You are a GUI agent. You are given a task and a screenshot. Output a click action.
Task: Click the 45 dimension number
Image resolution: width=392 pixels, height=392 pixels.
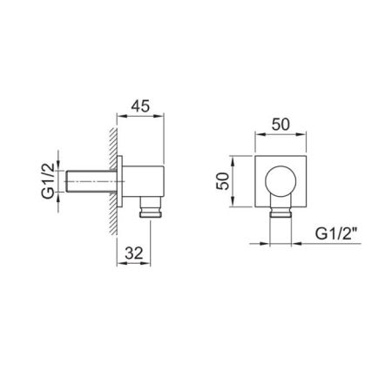140,106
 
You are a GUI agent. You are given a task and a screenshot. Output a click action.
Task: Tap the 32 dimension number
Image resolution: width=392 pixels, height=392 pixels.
134,253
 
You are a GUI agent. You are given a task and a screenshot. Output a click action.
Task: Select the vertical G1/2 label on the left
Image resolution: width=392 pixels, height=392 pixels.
48,180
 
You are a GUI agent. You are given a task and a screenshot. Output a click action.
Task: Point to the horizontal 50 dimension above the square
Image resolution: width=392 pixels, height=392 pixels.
280,125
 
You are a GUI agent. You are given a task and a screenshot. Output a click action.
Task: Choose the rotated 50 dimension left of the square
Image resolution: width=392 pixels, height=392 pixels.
223,181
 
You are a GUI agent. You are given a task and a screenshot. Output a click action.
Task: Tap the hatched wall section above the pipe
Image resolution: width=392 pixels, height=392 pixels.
113,148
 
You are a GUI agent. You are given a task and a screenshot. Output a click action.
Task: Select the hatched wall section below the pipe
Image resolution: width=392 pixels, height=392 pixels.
113,214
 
